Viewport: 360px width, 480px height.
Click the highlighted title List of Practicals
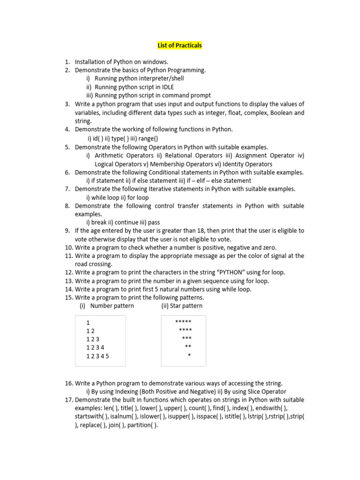(180, 45)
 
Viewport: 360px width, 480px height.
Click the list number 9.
(67, 231)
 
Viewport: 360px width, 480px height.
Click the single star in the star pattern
(189, 356)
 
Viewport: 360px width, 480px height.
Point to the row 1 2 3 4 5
(97, 356)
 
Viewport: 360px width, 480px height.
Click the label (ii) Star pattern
(182, 306)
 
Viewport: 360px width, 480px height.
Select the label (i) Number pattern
(107, 306)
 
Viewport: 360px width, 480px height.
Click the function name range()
(149, 138)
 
